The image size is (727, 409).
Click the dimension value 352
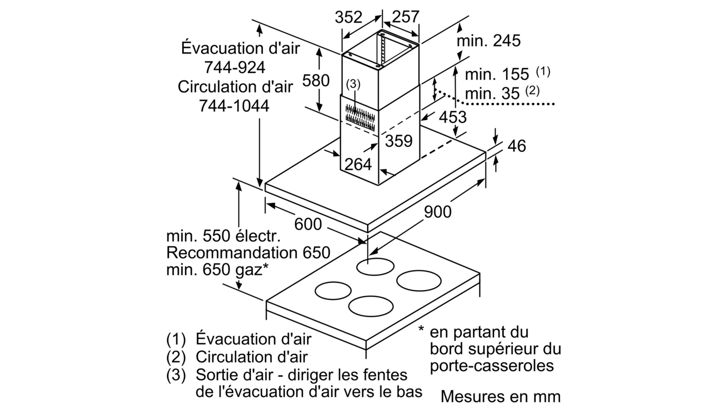click(x=348, y=17)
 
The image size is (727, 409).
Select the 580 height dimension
click(x=316, y=80)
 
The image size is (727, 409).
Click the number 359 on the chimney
click(x=399, y=141)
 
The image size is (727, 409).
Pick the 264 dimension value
click(x=358, y=164)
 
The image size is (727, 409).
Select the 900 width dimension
click(x=438, y=212)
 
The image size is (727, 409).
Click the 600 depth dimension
click(x=308, y=224)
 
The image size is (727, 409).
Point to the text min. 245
click(x=488, y=41)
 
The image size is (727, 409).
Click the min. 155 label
click(x=497, y=74)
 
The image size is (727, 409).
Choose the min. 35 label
click(x=492, y=93)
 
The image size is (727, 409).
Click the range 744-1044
click(x=234, y=106)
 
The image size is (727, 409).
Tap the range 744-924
click(x=234, y=67)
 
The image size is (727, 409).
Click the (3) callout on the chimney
click(x=353, y=84)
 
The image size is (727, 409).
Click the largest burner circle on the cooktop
click(x=419, y=281)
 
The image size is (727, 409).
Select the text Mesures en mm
click(x=500, y=397)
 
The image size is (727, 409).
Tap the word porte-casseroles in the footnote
click(x=492, y=366)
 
